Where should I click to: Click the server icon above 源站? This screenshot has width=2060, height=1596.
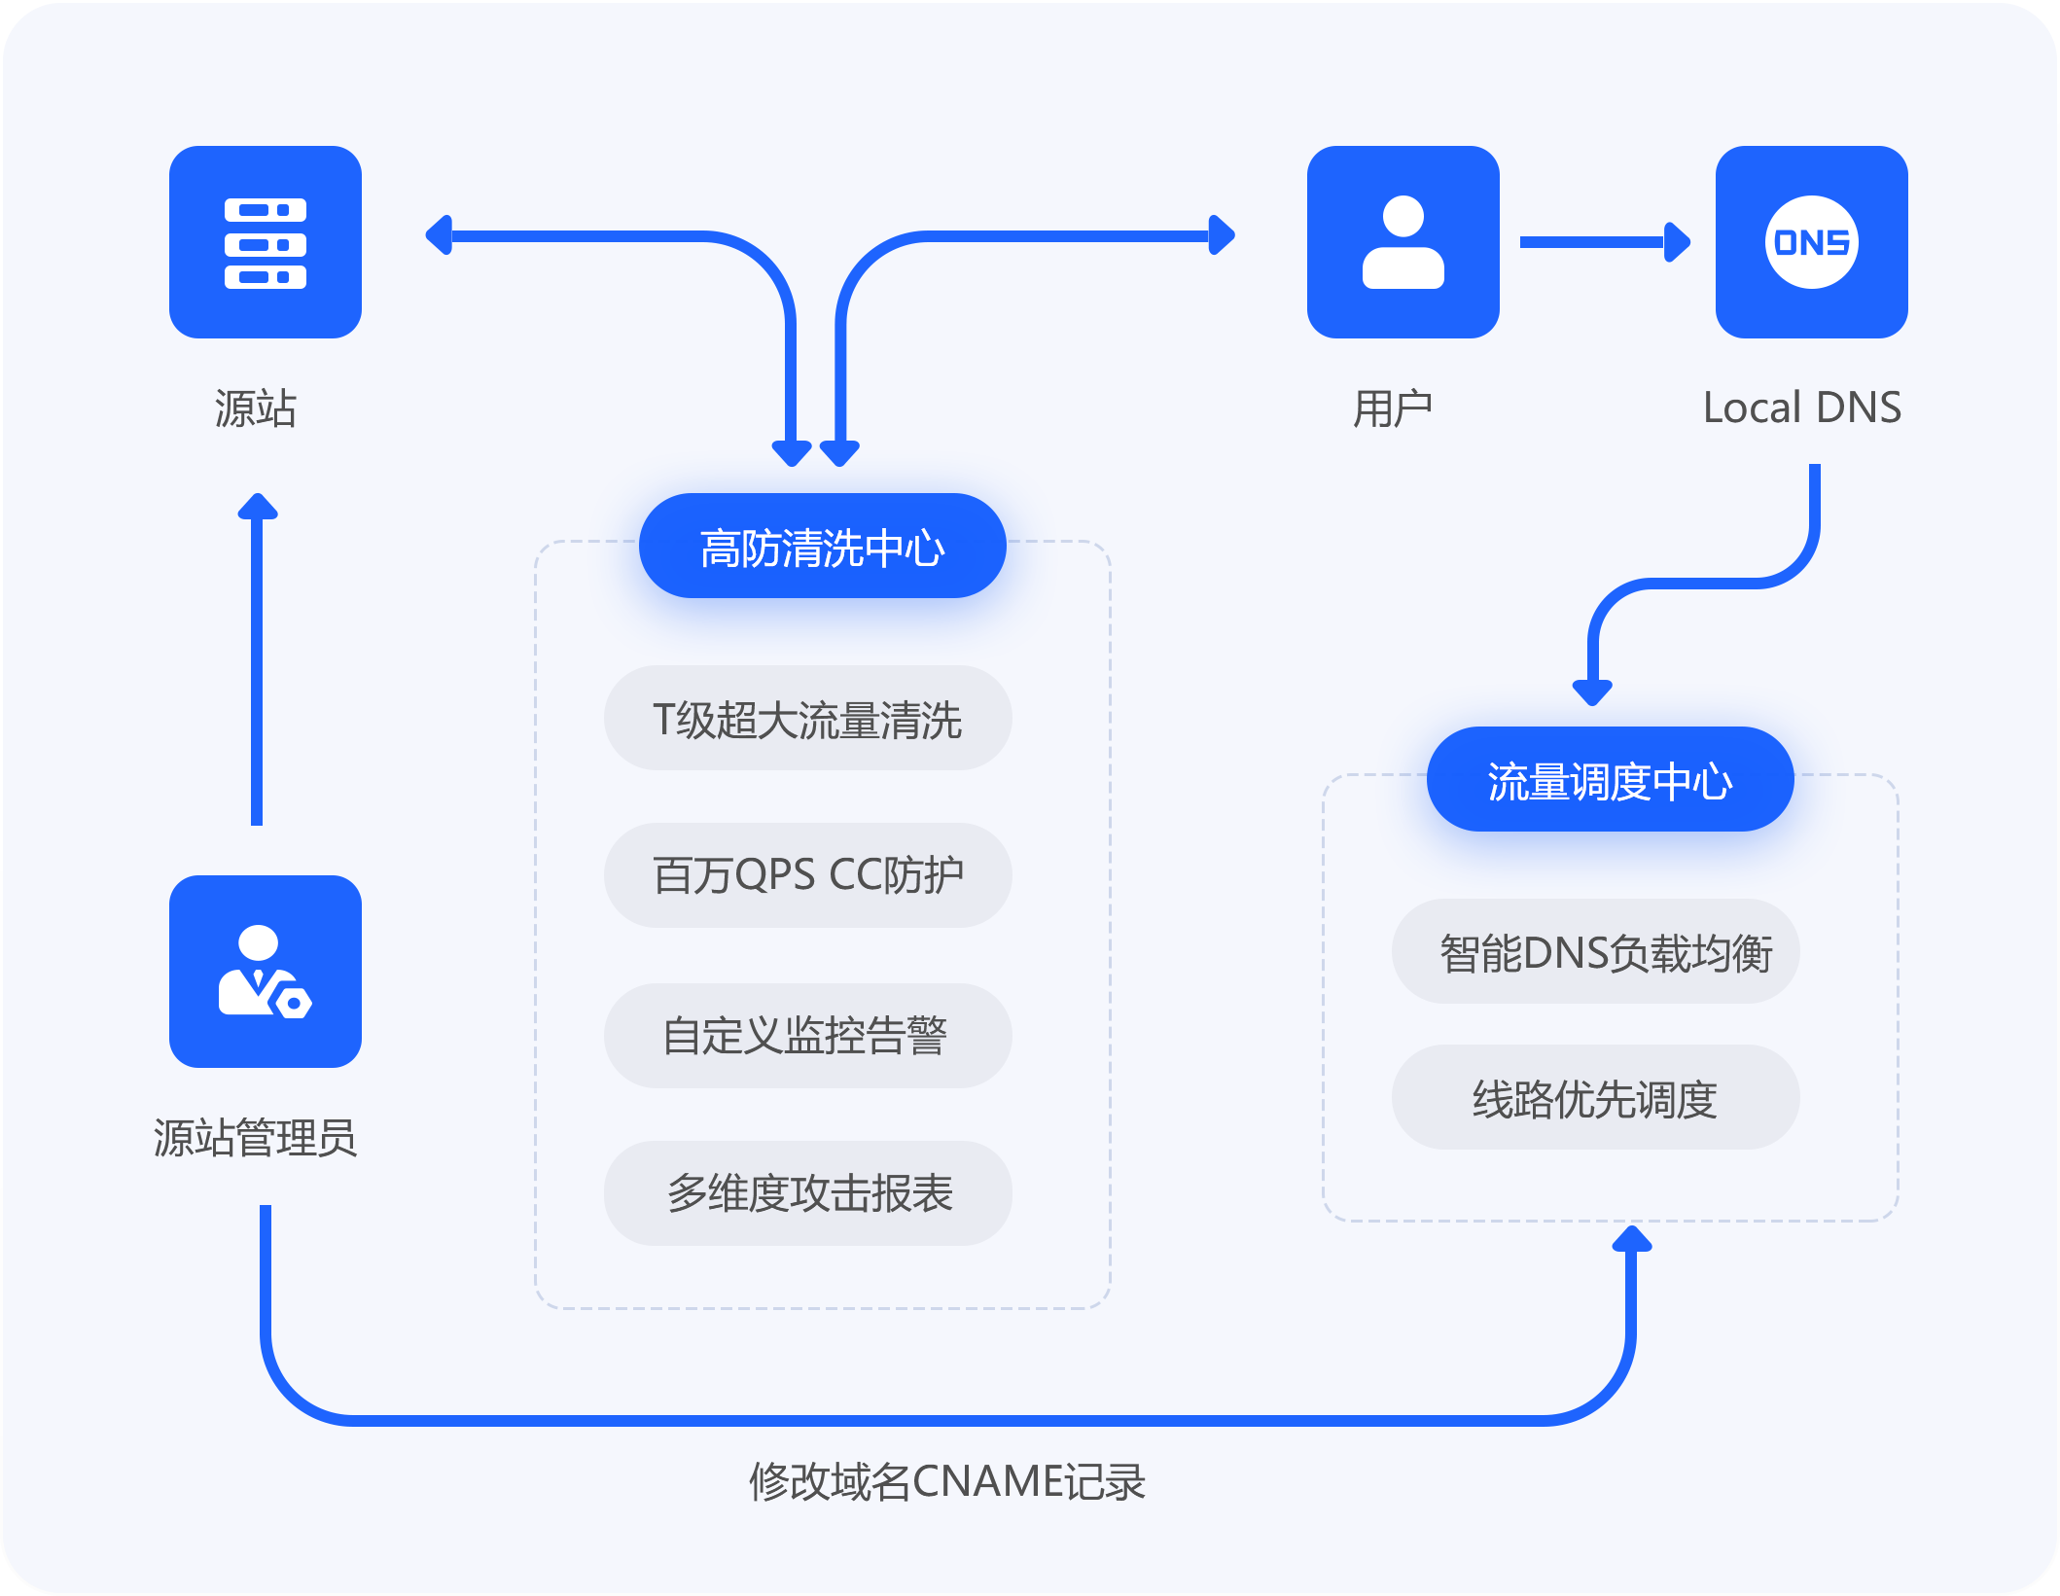(265, 242)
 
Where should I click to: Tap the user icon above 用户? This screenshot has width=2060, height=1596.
(1403, 242)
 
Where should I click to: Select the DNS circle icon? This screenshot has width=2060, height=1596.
(1811, 242)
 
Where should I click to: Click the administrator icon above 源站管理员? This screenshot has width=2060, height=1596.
(265, 971)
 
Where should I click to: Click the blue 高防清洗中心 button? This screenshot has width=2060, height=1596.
(822, 547)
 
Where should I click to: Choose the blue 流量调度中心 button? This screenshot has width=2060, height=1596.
(1610, 780)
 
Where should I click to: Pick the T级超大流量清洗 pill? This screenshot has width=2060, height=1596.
(807, 720)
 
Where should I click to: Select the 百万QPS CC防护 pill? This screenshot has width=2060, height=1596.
(807, 875)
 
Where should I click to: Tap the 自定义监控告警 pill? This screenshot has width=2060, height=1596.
(807, 1035)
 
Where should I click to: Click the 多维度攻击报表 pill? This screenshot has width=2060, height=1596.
(807, 1193)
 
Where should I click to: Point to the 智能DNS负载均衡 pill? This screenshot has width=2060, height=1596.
(1595, 952)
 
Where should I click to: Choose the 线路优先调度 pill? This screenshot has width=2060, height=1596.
(1595, 1098)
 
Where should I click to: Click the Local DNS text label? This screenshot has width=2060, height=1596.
(1801, 408)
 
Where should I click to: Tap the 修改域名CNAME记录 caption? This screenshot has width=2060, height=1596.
(946, 1481)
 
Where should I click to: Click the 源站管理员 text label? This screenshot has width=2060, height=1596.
(255, 1137)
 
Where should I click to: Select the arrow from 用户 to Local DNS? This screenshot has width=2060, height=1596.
(1605, 242)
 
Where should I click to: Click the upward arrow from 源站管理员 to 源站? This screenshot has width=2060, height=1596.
(257, 661)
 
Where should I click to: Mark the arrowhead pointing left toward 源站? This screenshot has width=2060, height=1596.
(441, 235)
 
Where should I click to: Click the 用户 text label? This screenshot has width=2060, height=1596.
(1393, 408)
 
